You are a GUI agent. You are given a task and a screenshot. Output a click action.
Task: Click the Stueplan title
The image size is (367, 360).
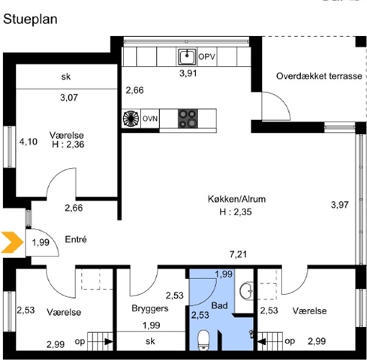point(30,19)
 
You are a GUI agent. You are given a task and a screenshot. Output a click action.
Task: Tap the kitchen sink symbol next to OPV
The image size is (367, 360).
point(187,56)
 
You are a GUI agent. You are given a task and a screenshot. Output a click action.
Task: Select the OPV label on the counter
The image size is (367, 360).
point(206,57)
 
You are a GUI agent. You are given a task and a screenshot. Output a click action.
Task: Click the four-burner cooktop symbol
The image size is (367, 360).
point(188,118)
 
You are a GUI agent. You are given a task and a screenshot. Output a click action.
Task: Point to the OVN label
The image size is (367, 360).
point(150,118)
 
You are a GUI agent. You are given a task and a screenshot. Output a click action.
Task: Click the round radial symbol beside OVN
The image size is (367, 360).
point(131,118)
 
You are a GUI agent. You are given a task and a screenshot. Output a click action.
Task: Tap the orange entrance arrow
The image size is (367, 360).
point(12,242)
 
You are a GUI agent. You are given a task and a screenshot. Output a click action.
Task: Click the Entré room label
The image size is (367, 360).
point(76,239)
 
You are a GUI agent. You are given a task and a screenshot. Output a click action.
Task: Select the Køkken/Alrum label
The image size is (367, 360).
point(236,199)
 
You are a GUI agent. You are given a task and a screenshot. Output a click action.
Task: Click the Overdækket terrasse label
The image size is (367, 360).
point(319,76)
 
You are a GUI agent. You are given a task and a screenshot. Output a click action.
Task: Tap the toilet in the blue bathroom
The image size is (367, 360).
point(203,340)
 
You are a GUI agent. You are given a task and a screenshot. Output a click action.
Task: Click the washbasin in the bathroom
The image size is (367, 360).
point(246,290)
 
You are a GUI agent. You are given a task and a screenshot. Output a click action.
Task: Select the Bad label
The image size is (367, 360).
point(219,305)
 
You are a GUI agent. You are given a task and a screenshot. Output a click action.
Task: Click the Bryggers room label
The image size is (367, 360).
point(150,308)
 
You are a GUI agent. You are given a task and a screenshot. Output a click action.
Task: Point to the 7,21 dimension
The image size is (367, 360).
point(238,254)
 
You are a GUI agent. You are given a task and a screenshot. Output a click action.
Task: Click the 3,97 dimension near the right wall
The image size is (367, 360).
point(340,205)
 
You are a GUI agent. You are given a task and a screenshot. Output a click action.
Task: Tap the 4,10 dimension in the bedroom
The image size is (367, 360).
point(29,142)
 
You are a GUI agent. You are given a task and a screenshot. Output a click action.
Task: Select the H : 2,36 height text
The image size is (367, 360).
point(68,145)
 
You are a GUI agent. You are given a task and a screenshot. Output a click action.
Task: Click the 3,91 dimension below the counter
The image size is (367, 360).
point(188,73)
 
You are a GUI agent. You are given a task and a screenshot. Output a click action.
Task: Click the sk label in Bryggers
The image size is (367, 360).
point(150,341)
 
